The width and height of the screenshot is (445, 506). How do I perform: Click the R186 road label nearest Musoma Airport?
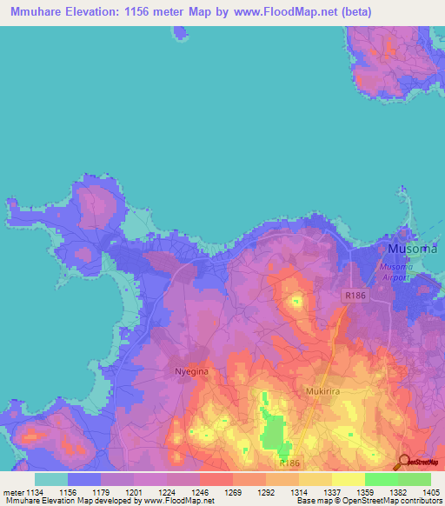(x=355, y=296)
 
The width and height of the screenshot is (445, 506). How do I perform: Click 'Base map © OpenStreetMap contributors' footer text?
(x=369, y=501)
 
